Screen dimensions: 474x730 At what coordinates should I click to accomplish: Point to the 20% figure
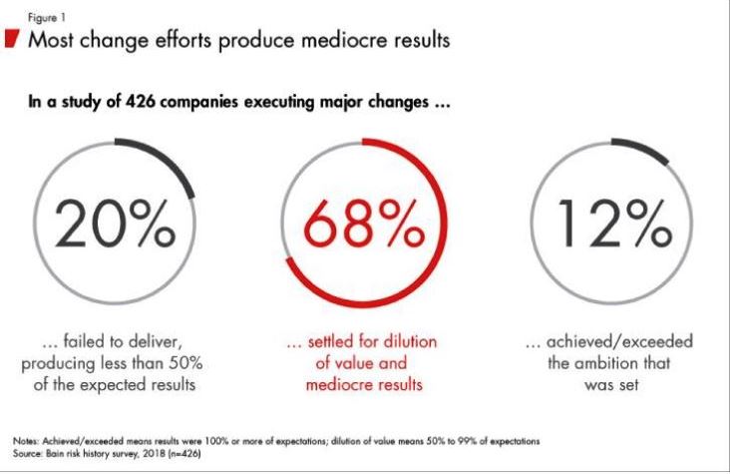click(x=114, y=229)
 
